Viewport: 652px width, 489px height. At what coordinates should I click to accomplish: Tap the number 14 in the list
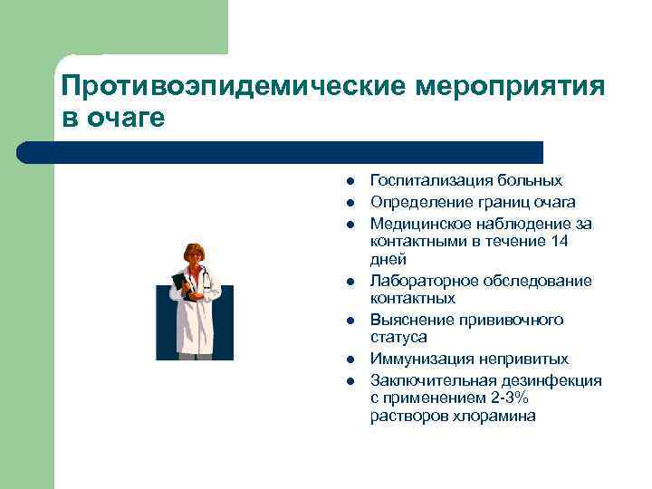[x=561, y=241]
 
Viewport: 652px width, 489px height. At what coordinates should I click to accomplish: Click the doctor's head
[x=194, y=254]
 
